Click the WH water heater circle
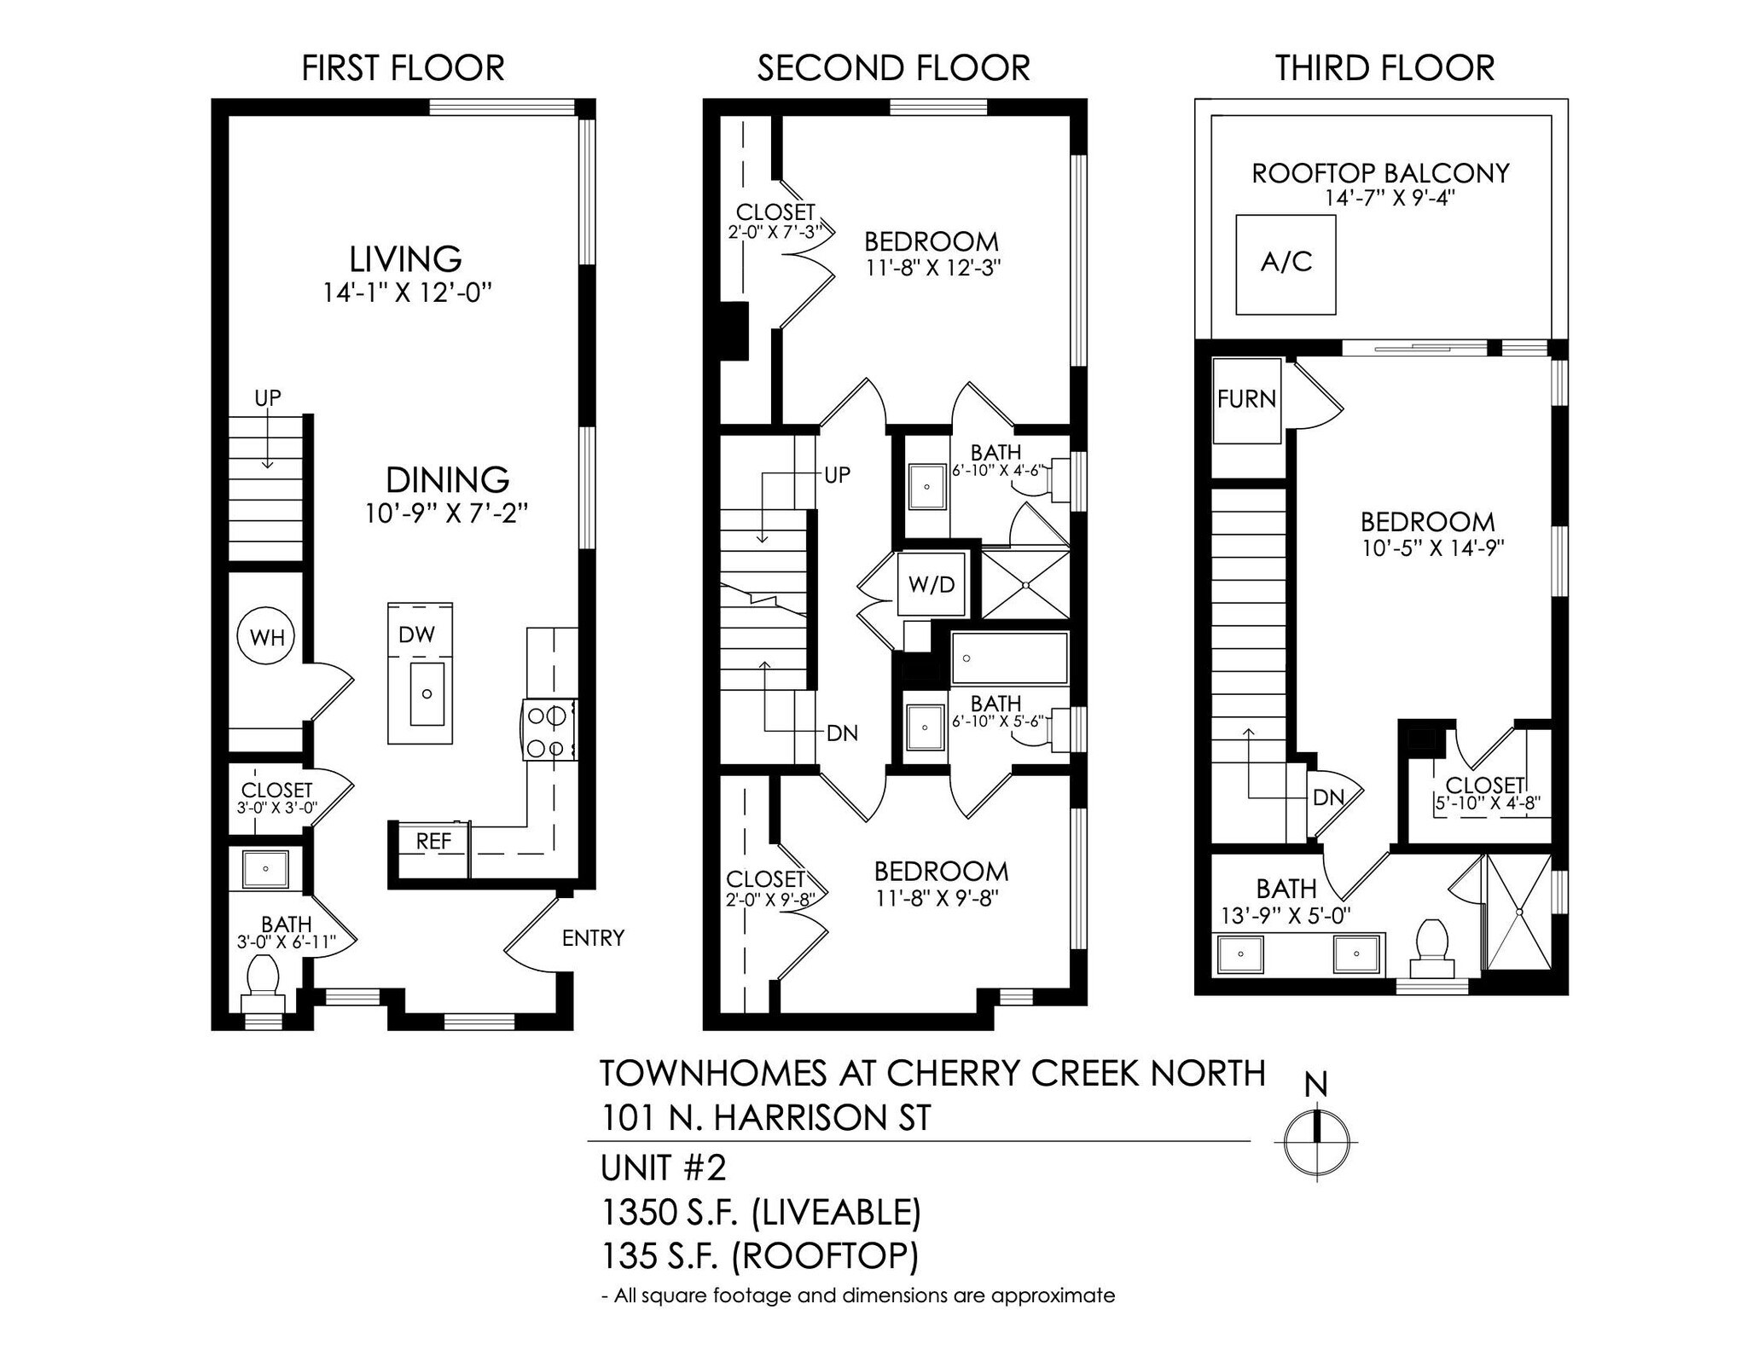(266, 636)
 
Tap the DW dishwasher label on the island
(416, 634)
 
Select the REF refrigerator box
(433, 841)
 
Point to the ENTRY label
(593, 938)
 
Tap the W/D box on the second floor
(932, 585)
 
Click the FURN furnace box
(1246, 399)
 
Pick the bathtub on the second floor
(1010, 658)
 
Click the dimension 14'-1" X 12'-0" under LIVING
(408, 293)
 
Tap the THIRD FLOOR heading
(1384, 68)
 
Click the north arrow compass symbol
(1316, 1142)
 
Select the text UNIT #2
(663, 1167)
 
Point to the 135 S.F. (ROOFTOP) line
(759, 1255)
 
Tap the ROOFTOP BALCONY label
(1380, 173)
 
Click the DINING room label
(447, 480)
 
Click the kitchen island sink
(427, 692)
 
